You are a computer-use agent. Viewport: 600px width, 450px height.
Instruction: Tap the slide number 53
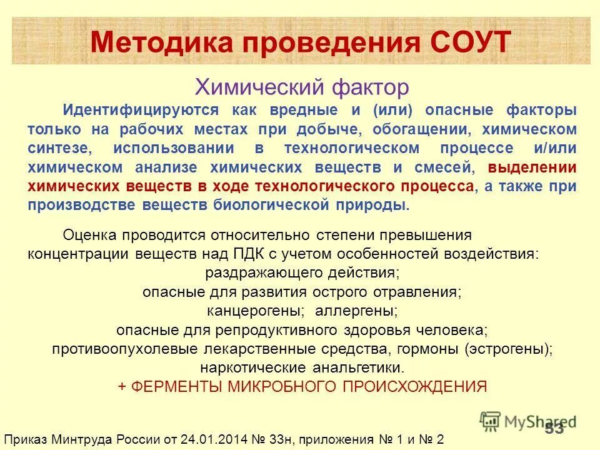tap(554, 429)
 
